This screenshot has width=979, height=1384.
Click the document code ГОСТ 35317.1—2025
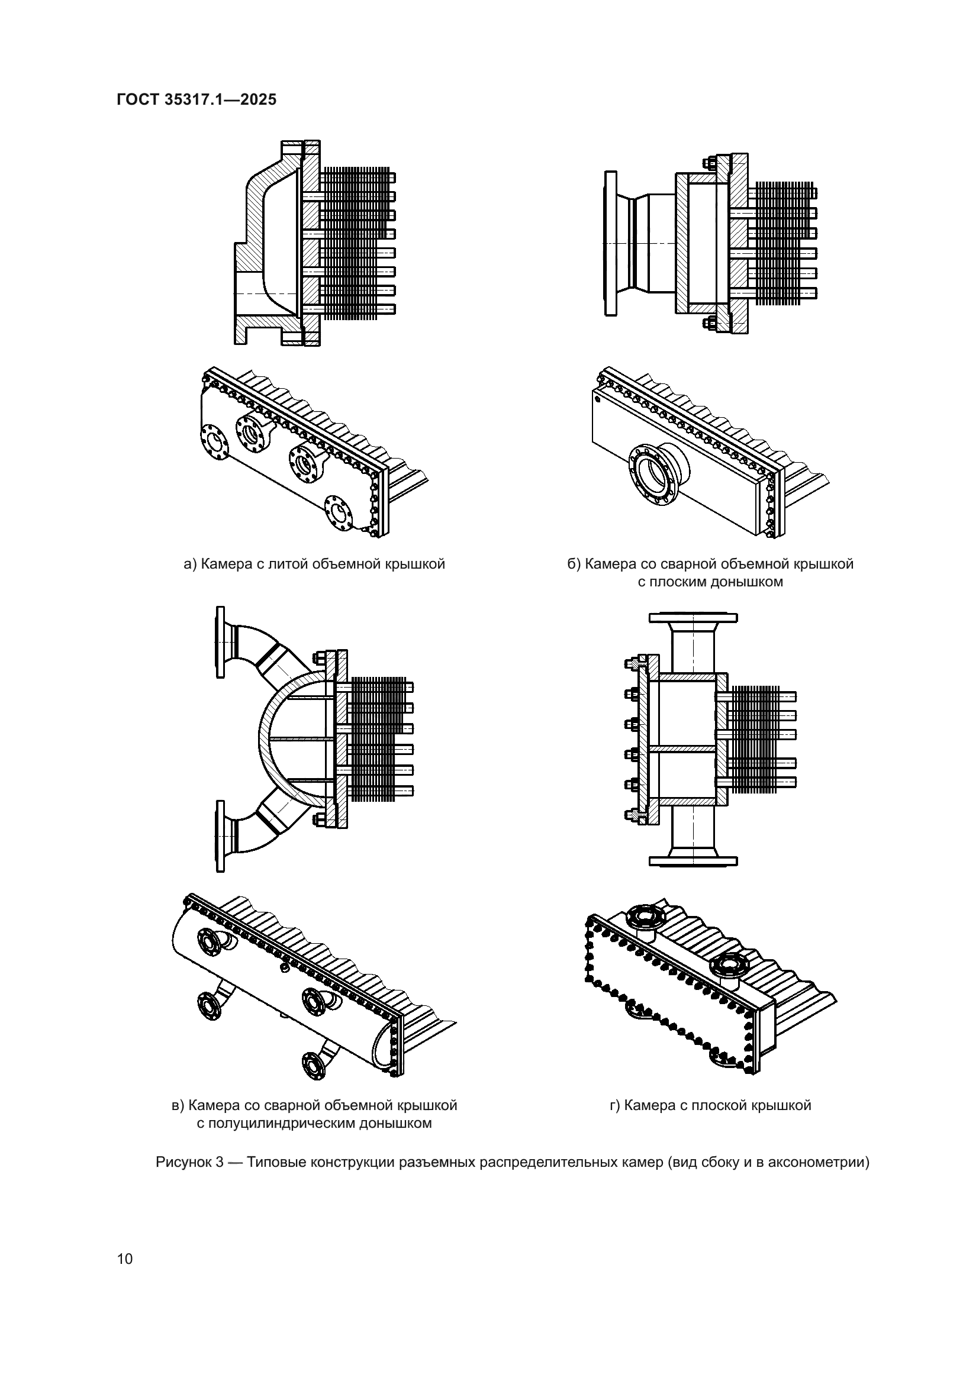point(197,99)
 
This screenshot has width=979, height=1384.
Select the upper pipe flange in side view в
point(220,641)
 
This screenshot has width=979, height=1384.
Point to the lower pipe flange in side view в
point(220,835)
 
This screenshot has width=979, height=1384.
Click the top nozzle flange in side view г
point(693,618)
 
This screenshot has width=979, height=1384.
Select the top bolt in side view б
point(709,163)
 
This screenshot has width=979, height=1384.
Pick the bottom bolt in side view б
point(709,323)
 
